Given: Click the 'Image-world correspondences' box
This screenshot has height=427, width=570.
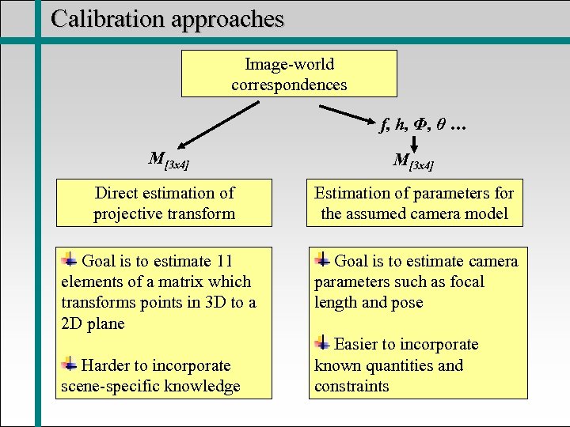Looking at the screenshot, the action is pos(289,74).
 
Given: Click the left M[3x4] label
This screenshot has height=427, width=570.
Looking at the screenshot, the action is pos(169,161).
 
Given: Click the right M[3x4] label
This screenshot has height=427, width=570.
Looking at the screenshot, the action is pos(413,161).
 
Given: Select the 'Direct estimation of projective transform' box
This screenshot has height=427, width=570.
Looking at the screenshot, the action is pos(164,203).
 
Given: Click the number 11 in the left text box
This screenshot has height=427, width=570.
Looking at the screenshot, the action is pos(224,262).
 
